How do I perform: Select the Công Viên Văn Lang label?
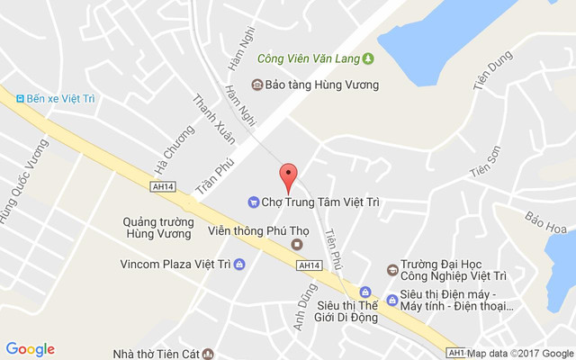308,59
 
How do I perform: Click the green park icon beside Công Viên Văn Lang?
367,59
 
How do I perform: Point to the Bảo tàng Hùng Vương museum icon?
256,85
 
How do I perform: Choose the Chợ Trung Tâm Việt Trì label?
320,202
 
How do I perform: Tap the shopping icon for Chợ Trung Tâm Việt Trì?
254,202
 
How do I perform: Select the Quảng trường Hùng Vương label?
158,227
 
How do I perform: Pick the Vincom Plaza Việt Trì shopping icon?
238,265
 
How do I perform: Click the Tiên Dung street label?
492,71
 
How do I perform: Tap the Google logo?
30,349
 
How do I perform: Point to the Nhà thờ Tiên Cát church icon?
208,355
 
